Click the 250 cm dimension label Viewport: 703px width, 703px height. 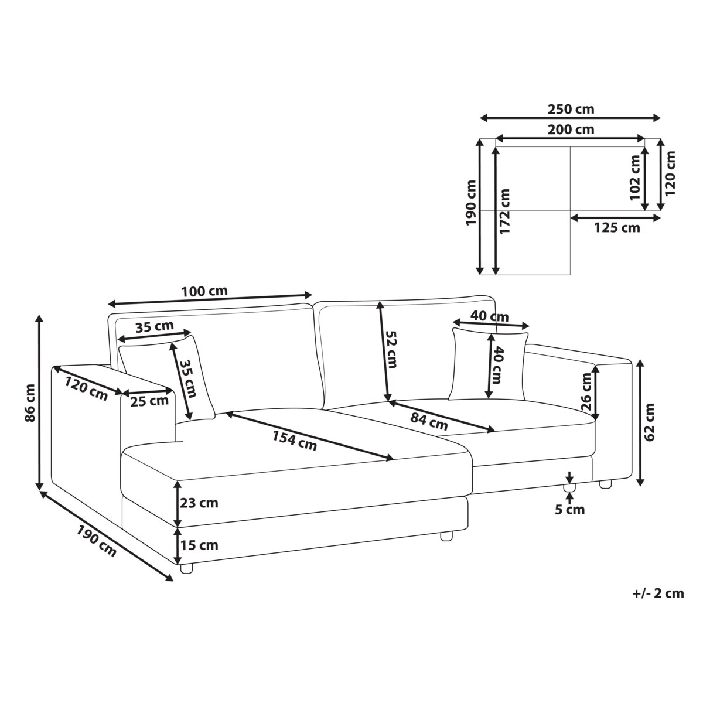(571, 109)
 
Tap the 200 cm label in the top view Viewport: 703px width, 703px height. (571, 129)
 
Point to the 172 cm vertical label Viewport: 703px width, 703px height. (505, 211)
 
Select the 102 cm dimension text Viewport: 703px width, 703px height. (635, 178)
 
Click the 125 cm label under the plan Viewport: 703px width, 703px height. (617, 228)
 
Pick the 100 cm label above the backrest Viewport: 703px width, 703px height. (204, 291)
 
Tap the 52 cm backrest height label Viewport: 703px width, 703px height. (390, 349)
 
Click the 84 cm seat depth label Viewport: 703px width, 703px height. (429, 422)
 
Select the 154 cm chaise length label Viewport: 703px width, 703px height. (295, 441)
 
